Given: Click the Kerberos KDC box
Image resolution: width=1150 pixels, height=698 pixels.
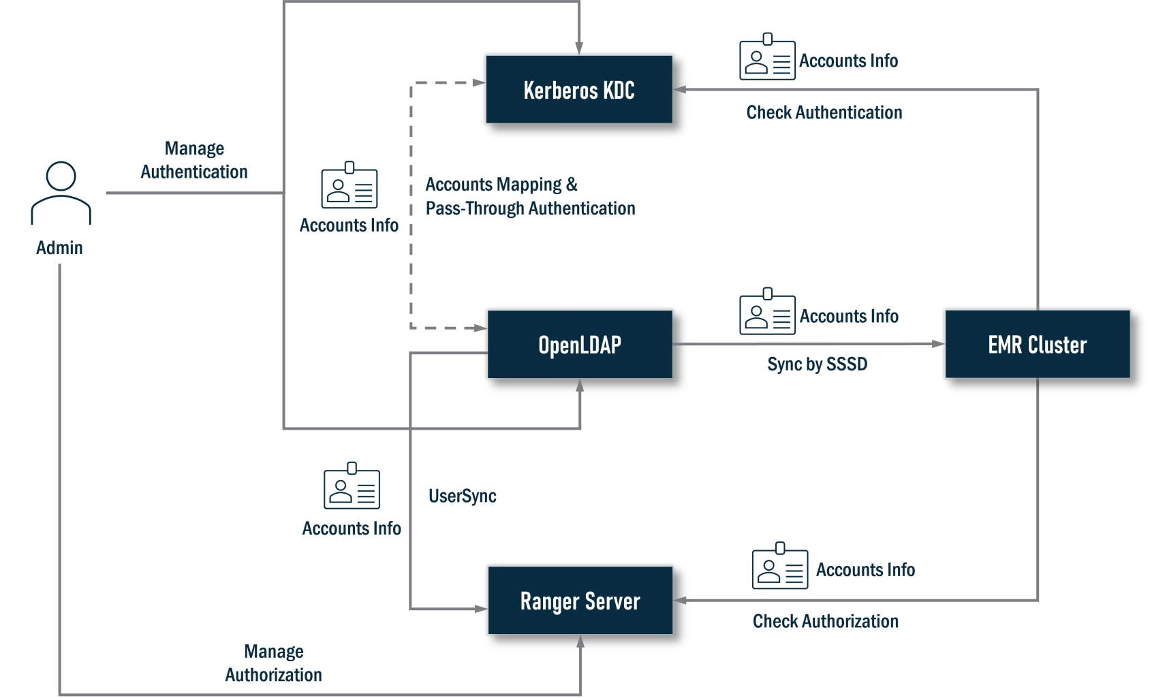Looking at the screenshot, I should coord(579,90).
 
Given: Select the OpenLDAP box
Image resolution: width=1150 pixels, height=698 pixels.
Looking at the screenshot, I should coord(580,345).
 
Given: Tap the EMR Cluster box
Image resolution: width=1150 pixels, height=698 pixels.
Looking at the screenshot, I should coord(1037,345).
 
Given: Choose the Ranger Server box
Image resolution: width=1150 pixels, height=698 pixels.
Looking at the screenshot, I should coord(580,601).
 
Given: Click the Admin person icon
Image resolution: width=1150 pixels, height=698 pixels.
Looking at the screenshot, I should coord(61,193).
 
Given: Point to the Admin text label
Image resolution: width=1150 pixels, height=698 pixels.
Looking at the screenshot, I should coord(59,248).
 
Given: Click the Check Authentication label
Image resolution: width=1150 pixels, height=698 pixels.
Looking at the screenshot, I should coord(824,112).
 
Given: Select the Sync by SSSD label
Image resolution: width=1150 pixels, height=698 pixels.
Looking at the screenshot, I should coord(817,364).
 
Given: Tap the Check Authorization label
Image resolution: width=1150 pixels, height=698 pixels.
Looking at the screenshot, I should coord(825,621).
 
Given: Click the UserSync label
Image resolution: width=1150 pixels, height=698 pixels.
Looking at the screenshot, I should coord(462,496).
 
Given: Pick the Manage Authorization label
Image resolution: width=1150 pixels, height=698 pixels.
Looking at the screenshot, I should coord(273,663).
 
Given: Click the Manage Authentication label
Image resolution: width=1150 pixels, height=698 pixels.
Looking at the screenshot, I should coord(194,160).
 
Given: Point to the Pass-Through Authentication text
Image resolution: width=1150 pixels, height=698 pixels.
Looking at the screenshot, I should coord(530,208).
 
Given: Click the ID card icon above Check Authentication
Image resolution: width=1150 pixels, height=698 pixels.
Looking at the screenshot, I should coord(767,57).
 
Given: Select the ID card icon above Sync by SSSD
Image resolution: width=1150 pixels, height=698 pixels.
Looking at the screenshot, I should coord(767,312).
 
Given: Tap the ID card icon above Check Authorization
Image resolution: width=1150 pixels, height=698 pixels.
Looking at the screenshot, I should coord(779,567).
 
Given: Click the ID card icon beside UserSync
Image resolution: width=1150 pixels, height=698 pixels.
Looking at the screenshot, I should coord(352,486).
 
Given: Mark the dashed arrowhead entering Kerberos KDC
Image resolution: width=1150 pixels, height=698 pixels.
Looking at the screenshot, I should coord(480,82).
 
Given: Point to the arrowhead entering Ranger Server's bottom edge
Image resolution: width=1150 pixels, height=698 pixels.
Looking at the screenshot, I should coord(580,641).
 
